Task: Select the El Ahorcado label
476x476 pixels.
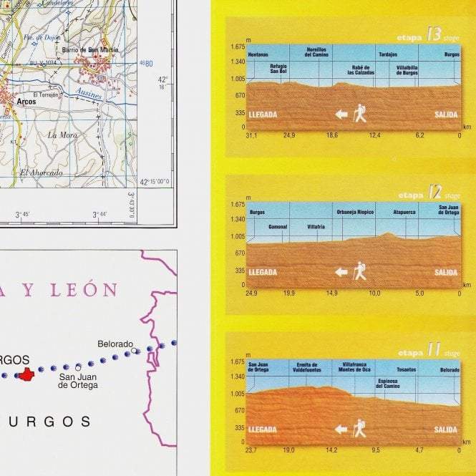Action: pyautogui.click(x=42, y=173)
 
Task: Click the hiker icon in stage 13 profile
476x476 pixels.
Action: pyautogui.click(x=359, y=113)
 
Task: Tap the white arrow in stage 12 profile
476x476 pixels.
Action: pyautogui.click(x=341, y=272)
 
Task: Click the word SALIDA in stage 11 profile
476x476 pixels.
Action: pyautogui.click(x=445, y=429)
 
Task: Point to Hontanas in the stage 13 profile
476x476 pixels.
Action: pyautogui.click(x=258, y=55)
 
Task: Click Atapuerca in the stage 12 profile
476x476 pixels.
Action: pyautogui.click(x=404, y=213)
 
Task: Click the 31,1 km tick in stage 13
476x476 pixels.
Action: pyautogui.click(x=251, y=135)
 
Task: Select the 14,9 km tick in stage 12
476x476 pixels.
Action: pyautogui.click(x=331, y=293)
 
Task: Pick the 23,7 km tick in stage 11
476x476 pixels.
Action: pyautogui.click(x=251, y=450)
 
